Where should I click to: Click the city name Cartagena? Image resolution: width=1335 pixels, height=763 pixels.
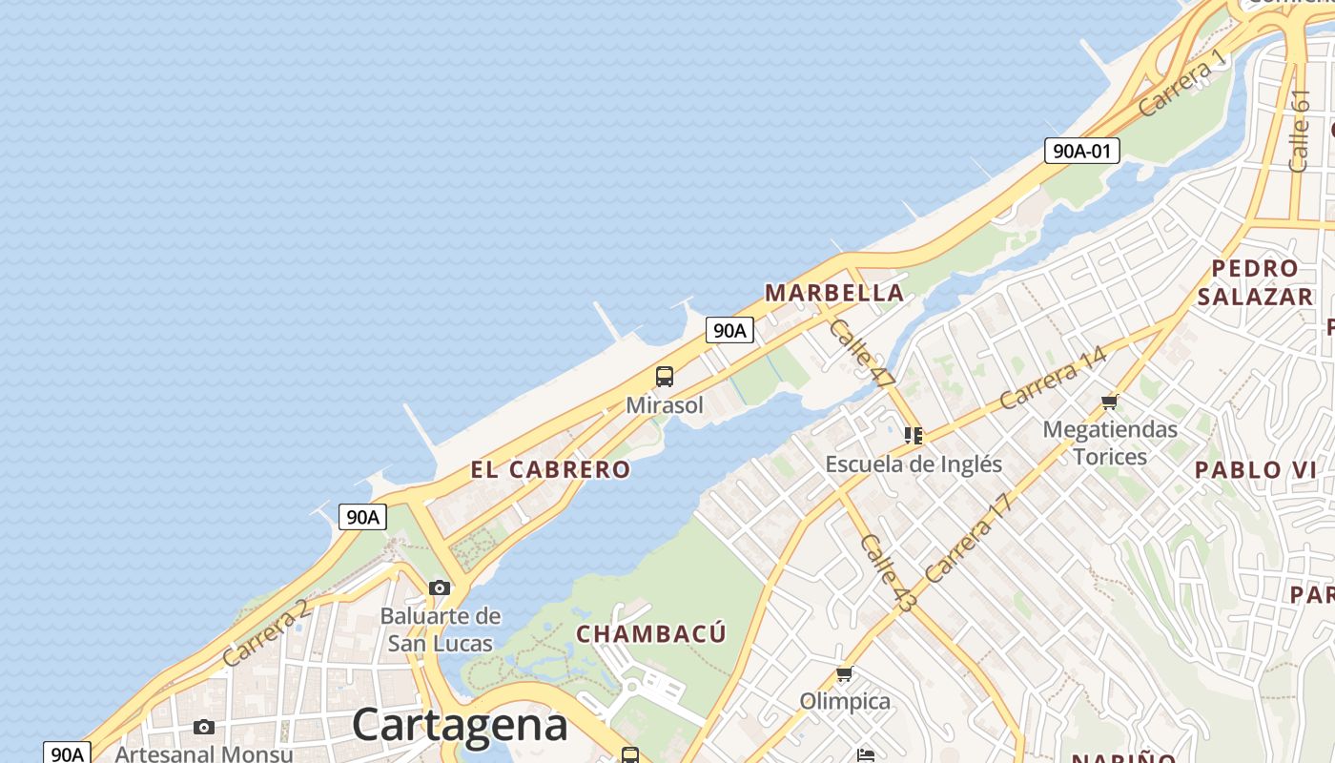pos(460,725)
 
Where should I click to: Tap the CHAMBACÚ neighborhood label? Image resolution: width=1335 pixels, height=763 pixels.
pos(651,633)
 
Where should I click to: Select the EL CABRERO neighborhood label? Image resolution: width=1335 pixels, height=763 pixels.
pos(550,469)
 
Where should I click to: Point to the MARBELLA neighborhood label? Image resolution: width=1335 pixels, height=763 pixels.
pos(834,293)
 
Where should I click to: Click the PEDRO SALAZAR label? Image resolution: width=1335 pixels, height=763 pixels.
pos(1255,282)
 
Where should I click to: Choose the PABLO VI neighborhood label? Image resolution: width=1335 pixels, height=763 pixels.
pos(1256,469)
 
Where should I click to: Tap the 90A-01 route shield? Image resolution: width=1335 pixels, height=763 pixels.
pos(1081,150)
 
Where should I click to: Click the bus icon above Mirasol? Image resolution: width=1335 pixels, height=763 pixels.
pos(665,377)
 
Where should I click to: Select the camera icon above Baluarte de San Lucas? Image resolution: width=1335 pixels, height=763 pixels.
pos(440,588)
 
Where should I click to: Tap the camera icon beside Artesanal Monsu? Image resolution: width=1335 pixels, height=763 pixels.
pos(204,728)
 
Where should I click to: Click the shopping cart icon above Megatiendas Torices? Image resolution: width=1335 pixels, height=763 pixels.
pos(1109,402)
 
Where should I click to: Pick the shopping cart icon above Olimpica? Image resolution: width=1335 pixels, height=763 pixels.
pos(844,675)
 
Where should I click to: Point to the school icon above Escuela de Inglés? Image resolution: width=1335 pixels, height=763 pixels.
pos(914,436)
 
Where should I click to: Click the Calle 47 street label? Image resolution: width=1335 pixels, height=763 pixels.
pos(863,353)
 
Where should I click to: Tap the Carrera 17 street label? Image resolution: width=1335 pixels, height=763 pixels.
pos(967,539)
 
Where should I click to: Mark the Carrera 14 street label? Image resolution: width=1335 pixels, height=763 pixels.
pos(1053,378)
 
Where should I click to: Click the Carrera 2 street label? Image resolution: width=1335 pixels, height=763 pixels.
pos(266,633)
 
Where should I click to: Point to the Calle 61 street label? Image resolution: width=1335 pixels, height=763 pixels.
pos(1299,131)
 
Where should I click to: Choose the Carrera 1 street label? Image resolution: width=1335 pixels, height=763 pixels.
pos(1181,83)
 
